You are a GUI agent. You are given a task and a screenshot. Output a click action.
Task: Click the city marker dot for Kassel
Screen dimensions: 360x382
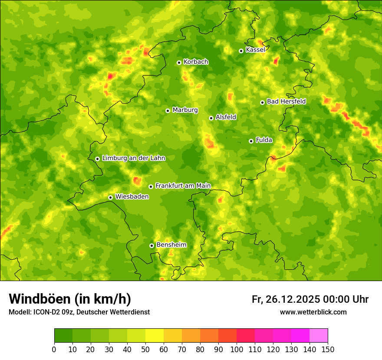tap(241, 51)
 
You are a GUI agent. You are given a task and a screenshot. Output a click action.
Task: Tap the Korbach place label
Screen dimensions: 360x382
tap(196, 62)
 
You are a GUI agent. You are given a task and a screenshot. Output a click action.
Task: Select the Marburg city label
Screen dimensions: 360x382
tap(185, 110)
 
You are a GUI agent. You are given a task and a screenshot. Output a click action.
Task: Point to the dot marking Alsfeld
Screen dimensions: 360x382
tap(211, 118)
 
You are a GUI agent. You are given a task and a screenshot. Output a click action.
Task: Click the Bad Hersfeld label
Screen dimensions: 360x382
tap(286, 101)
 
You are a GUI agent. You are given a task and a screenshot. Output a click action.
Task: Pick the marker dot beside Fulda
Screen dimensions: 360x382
tap(251, 141)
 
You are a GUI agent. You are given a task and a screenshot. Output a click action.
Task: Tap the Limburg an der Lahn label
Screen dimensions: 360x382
tap(134, 158)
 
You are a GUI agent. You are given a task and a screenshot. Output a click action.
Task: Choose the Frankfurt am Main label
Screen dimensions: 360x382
tap(183, 186)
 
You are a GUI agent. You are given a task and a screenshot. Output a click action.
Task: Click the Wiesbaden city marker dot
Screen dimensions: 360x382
tap(110, 197)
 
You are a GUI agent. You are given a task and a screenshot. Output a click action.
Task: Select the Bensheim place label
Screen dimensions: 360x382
tap(171, 245)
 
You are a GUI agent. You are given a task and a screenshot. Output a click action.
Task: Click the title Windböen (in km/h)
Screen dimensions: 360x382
tap(70, 299)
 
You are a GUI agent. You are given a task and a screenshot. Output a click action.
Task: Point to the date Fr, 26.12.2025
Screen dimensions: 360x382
tap(286, 299)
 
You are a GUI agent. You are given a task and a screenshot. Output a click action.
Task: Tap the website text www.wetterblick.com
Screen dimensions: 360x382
tap(313, 312)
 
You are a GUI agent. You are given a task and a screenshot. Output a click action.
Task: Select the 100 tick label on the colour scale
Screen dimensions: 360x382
tap(236, 350)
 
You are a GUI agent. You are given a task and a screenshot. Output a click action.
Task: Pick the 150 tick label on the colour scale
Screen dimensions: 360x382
tap(327, 350)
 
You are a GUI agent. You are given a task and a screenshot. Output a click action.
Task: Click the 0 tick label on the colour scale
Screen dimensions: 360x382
tap(54, 350)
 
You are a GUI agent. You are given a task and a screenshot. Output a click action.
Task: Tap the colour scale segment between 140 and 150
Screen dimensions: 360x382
tap(319, 336)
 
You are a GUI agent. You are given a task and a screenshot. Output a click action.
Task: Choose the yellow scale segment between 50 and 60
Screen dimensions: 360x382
tap(155, 336)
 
